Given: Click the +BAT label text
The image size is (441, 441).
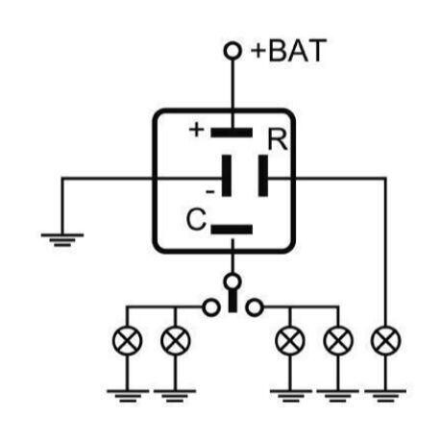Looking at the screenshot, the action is [289, 51].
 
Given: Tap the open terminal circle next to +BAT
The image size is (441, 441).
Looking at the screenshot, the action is [233, 51].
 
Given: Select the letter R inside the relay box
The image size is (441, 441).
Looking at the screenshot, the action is [278, 139].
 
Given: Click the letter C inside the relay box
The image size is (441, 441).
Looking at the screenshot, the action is [196, 219].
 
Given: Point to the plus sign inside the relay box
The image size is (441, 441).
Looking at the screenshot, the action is [196, 130].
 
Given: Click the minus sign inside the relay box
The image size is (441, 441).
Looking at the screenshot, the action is [210, 192].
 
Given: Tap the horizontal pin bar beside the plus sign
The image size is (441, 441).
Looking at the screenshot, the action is [232, 133].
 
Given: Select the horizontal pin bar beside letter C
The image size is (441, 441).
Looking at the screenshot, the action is [232, 230].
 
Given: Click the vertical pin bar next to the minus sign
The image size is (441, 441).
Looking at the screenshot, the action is [227, 176].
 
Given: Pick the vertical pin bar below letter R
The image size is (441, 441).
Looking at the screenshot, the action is [263, 176].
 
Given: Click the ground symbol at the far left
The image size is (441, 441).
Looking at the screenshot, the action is [62, 240].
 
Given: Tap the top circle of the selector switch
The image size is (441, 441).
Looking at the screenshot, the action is [233, 282].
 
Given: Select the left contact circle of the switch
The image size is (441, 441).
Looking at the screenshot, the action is [211, 307].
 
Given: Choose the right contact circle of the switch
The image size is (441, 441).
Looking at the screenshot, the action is [255, 307].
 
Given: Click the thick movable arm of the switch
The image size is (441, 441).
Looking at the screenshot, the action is [233, 301].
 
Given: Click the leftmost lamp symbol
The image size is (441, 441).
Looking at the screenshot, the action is [127, 340].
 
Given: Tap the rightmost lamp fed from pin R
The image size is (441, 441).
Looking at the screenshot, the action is [385, 340].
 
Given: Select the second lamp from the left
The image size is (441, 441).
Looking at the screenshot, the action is [175, 340].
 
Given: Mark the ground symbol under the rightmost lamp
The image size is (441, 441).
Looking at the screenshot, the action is [385, 396].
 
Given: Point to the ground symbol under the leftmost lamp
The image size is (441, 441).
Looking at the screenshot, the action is [128, 396].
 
